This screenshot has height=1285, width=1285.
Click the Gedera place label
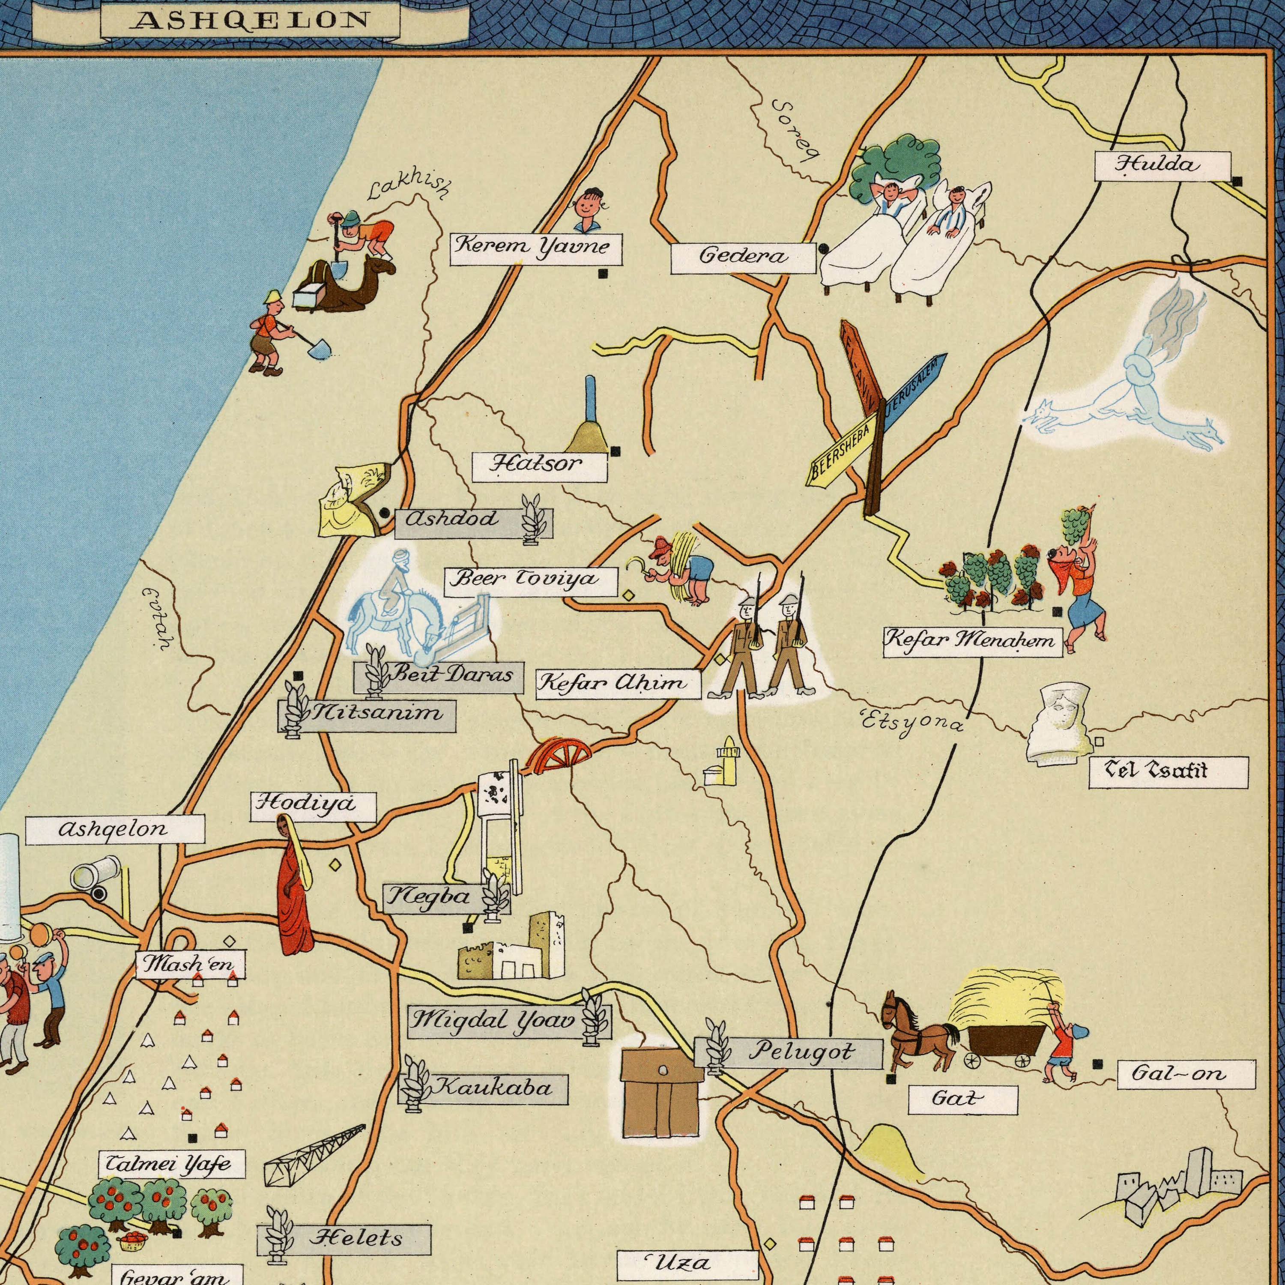tap(743, 258)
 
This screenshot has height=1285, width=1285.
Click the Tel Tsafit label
tap(1168, 772)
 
